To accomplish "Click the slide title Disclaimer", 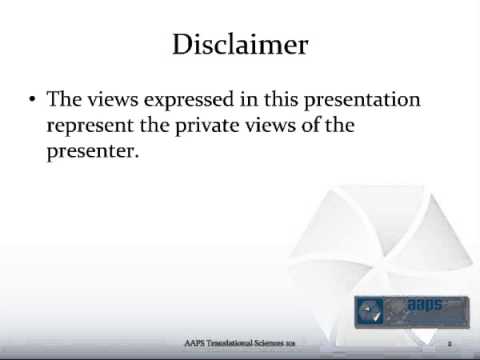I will (x=240, y=45).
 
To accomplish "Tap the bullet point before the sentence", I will (x=33, y=101).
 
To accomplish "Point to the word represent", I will (x=87, y=127).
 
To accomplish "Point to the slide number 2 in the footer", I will (x=450, y=342).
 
